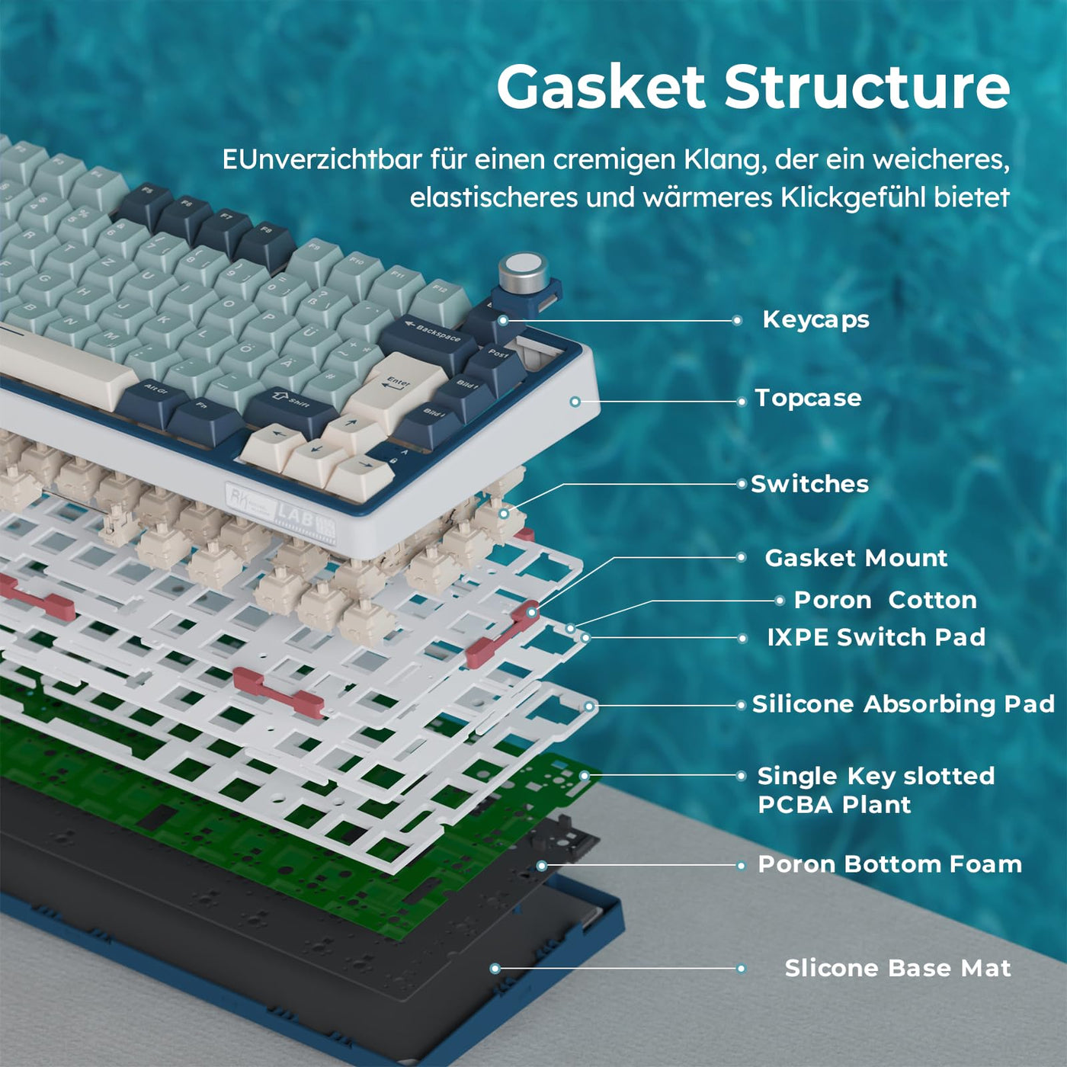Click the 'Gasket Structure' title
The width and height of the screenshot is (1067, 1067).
pos(753,88)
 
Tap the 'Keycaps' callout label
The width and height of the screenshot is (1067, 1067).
pos(815,319)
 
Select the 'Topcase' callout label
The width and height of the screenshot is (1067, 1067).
pos(808,398)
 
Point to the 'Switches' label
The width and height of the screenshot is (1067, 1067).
pos(809,484)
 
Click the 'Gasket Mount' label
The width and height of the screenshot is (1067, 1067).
pos(856,558)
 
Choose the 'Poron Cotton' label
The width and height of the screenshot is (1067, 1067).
pos(885,600)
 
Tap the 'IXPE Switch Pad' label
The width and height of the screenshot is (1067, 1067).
pos(876,637)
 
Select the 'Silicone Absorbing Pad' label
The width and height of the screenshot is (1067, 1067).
pos(903,703)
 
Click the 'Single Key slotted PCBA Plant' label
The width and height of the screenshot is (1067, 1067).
pos(876,790)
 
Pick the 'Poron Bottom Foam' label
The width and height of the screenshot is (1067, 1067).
pos(889,864)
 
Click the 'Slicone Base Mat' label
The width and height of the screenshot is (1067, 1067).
pos(898,968)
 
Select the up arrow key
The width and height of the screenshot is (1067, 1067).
pos(352,425)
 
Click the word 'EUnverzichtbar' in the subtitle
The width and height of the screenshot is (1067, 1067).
pos(322,159)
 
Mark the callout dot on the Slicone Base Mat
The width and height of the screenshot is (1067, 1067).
pos(495,968)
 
